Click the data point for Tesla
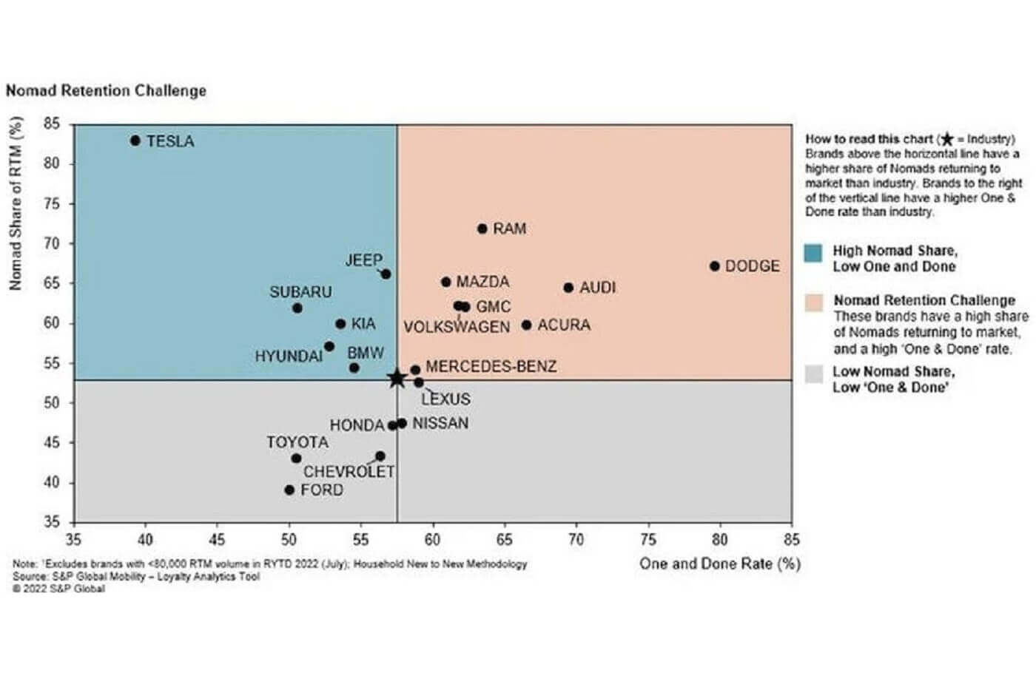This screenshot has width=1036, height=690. (135, 141)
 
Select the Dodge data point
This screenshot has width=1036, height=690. (714, 266)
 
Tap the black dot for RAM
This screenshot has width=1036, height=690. (482, 229)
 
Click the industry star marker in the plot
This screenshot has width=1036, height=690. (397, 379)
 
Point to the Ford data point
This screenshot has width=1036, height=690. (289, 490)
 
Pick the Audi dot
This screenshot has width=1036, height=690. (568, 288)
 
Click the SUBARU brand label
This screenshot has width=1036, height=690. (300, 292)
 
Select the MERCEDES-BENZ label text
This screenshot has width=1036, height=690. (491, 366)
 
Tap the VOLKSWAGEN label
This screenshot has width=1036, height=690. (457, 327)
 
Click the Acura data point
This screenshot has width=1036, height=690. (526, 325)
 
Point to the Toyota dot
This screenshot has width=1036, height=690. (297, 459)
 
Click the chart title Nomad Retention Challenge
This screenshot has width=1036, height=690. (106, 91)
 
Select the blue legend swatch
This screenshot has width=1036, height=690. (813, 253)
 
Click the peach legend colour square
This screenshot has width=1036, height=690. (813, 302)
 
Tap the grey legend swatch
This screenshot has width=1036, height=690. (813, 373)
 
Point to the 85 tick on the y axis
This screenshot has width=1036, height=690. (51, 124)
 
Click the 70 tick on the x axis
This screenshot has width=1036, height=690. (576, 540)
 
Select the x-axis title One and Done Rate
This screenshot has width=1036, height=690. (719, 564)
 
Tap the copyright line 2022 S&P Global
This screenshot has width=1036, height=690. (58, 589)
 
